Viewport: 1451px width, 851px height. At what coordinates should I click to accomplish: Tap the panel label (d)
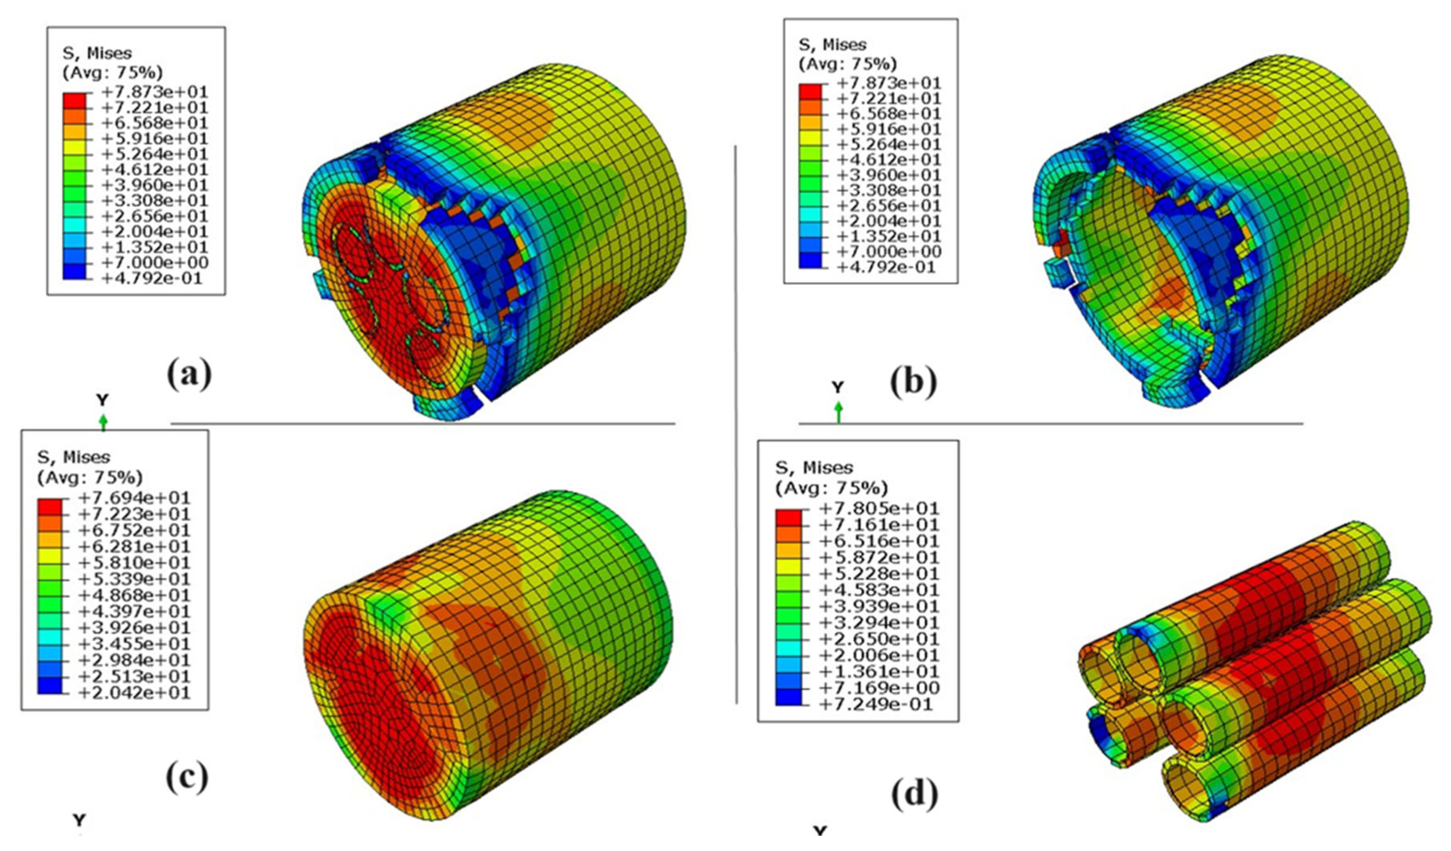[x=915, y=793]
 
